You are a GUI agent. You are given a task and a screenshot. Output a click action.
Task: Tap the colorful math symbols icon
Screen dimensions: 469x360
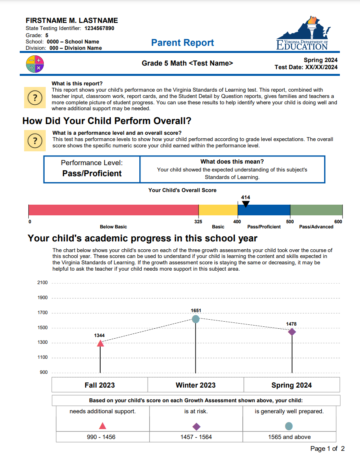pos(35,64)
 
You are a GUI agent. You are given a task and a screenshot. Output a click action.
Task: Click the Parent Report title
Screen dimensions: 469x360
pos(182,43)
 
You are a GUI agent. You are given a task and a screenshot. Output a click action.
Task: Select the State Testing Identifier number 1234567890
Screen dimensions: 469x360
pos(99,28)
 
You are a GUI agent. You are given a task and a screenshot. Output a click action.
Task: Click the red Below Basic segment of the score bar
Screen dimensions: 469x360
pos(113,210)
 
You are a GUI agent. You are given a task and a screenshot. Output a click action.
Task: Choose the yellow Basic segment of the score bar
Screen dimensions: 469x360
pos(218,210)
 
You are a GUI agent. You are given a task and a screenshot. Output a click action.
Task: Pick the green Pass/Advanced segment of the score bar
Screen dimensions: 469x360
pos(316,210)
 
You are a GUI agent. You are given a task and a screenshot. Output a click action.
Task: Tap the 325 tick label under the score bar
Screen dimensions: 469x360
pos(198,222)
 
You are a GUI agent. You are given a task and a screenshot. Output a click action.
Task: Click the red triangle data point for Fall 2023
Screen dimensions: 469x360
pos(100,343)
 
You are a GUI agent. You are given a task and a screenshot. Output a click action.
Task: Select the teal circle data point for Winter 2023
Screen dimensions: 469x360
pos(196,319)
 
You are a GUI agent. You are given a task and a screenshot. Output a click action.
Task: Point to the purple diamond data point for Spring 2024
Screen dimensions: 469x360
pos(292,332)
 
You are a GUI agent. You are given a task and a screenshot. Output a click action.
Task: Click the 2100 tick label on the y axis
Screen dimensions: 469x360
pos(43,283)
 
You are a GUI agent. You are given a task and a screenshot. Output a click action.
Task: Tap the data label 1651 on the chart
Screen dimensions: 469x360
pos(196,311)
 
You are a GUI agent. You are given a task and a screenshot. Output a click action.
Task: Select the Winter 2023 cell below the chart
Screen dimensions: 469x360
pos(196,385)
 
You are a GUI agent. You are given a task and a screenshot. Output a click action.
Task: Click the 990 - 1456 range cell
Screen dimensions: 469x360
pos(101,437)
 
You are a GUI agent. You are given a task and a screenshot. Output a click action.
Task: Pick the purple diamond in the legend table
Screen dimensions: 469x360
pos(196,426)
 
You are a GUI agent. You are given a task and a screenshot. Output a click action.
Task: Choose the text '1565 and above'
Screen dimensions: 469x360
pos(289,437)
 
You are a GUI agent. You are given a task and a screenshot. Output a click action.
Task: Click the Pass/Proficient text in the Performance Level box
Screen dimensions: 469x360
pos(92,173)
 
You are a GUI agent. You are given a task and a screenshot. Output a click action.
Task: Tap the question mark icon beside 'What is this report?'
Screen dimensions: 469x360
pos(35,98)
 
